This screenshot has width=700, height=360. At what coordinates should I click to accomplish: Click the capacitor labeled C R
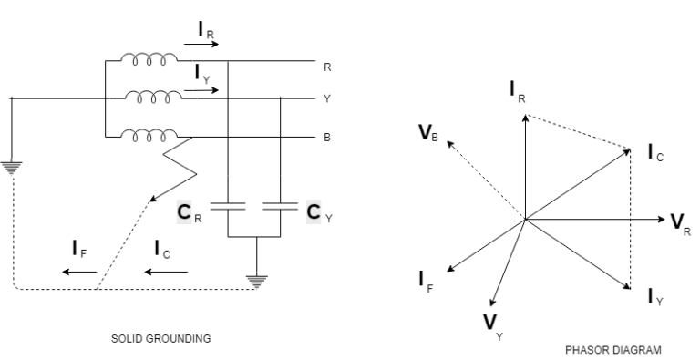227,208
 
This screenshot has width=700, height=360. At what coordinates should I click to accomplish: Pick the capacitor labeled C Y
280,208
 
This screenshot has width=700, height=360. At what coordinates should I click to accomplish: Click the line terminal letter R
327,67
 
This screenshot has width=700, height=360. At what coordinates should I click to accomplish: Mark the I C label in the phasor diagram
654,154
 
